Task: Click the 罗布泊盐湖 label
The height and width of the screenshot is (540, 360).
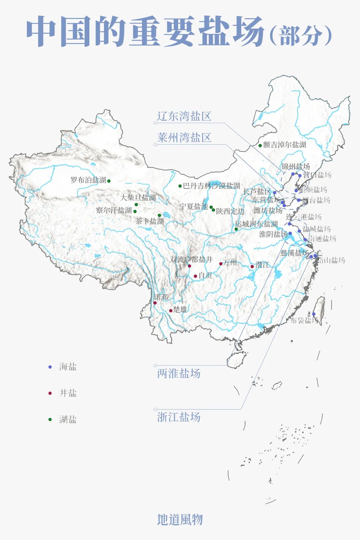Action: tap(88, 180)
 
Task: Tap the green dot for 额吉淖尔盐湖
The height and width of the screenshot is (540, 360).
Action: tap(260, 145)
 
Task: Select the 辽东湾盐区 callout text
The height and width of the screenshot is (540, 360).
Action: tap(184, 116)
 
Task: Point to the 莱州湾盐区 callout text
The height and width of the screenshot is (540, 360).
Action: tap(184, 137)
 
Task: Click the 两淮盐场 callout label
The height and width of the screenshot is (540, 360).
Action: tap(179, 373)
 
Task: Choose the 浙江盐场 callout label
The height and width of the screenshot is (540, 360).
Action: tap(179, 417)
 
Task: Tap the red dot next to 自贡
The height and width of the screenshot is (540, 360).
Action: tap(195, 276)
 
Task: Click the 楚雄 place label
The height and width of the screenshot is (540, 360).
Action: tap(180, 310)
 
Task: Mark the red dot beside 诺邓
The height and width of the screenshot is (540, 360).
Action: tap(155, 303)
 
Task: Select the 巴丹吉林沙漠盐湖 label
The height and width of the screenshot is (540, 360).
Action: tap(211, 186)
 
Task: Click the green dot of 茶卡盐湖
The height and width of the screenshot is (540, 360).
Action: tap(159, 215)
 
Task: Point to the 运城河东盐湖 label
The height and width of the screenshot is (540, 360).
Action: tap(256, 224)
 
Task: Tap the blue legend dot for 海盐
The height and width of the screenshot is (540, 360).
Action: tap(50, 367)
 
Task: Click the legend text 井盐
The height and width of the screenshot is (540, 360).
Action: tap(68, 393)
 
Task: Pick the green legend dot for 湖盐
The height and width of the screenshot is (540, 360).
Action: tap(50, 419)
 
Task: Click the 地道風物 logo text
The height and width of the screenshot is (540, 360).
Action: tap(180, 519)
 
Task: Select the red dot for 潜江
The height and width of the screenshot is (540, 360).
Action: tap(252, 266)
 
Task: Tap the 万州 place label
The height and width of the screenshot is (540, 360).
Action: tap(230, 263)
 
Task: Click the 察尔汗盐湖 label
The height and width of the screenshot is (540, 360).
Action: tap(114, 210)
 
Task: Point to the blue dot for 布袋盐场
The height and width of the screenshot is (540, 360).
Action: tap(314, 314)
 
